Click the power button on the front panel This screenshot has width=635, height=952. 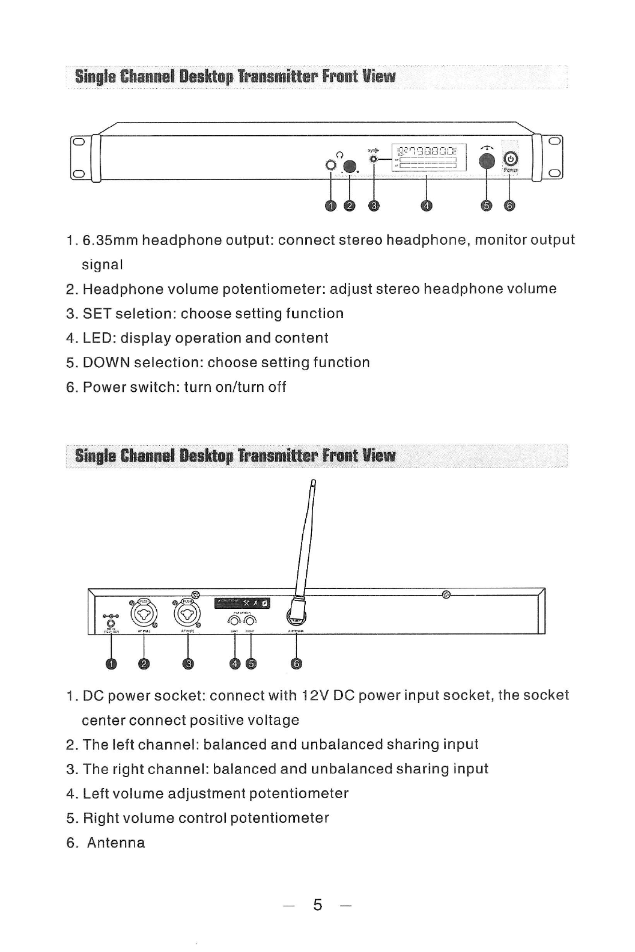[x=509, y=159]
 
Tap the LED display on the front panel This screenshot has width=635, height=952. [x=428, y=157]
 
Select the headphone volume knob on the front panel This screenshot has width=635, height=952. [x=350, y=166]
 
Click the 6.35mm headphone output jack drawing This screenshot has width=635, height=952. [x=330, y=165]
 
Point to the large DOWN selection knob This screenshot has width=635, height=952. [x=487, y=160]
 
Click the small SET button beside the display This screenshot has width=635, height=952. [x=374, y=159]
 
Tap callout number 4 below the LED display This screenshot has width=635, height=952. [x=426, y=206]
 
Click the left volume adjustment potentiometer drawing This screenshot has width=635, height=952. [x=235, y=621]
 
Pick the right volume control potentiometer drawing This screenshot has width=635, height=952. [x=251, y=621]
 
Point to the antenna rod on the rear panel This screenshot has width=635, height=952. [x=306, y=541]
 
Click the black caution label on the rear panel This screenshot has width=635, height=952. [x=243, y=603]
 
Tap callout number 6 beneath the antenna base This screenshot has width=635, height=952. [x=296, y=664]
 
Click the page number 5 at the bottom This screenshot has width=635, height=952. [x=318, y=905]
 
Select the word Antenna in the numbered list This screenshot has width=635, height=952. [x=116, y=843]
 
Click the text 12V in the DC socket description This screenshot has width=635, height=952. [x=315, y=695]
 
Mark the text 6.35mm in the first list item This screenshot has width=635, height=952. [x=111, y=240]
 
